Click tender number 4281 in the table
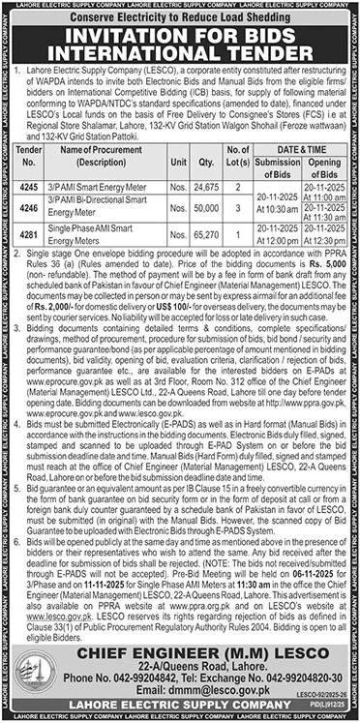31,233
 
